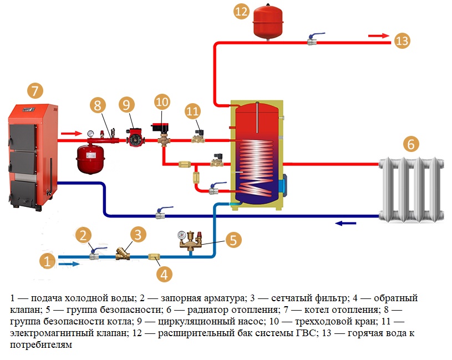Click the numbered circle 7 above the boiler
coord(34,90)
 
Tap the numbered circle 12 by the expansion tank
coord(241,13)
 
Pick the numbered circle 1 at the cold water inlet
coord(48,261)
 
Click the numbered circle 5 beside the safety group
coord(233,241)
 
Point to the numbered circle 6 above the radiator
coord(410,144)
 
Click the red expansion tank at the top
coord(268,22)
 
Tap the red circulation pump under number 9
coord(134,139)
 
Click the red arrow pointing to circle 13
coord(379,36)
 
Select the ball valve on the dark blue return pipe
coord(161,213)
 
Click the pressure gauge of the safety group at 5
coord(181,235)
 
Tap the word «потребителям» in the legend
coord(36,345)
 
